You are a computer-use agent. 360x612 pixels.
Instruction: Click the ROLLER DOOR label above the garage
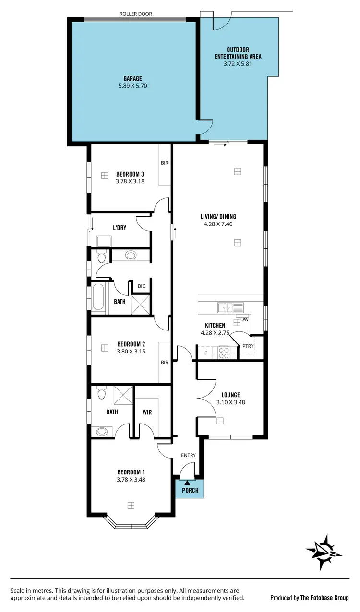pos(135,14)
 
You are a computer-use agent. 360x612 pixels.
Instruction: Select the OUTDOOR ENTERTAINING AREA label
pos(238,53)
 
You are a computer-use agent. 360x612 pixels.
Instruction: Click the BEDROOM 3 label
pos(130,174)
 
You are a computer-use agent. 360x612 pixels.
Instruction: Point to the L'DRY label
pos(120,228)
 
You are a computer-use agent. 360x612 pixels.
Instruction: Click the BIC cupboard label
pos(141,286)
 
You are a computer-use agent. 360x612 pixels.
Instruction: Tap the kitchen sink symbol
pos(226,307)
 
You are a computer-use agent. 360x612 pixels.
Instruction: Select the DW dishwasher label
pos(244,319)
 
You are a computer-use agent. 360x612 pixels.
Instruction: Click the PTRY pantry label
pos(248,346)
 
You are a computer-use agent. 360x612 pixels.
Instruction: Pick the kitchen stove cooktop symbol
pos(224,353)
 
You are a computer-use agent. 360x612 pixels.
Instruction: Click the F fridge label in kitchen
pos(206,353)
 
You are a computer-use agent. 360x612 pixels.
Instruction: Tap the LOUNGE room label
pos(230,395)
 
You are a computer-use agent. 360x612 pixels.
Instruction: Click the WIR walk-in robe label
pos(147,412)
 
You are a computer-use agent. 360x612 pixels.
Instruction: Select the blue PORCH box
pos(190,490)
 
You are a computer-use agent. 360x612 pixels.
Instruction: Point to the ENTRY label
pos(188,455)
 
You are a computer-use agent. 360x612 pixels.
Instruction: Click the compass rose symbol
pos(324,552)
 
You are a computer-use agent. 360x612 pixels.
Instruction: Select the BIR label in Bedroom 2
pos(164,362)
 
